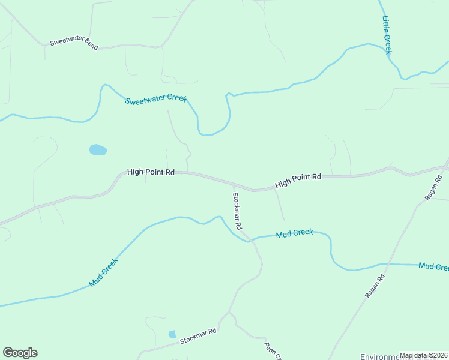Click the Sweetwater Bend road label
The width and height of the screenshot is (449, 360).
pos(74,43)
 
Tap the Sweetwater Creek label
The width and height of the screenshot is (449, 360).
pos(155,99)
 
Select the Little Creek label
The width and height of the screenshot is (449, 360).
pos(387,35)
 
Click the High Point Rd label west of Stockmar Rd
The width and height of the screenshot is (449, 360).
pos(151,172)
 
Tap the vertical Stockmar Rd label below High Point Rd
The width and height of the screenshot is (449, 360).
pos(237,211)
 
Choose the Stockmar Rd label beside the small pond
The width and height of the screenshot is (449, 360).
pos(197,337)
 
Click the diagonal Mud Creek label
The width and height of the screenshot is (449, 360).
pos(103,272)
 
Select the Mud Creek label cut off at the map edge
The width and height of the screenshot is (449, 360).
pos(433,266)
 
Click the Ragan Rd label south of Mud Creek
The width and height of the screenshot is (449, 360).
pos(373,287)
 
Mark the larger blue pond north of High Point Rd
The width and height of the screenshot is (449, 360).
pos(98,149)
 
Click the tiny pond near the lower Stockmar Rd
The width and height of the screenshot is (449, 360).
pos(172,334)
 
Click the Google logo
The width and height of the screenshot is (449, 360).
pos(20,353)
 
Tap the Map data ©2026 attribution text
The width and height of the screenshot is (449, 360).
pos(423,355)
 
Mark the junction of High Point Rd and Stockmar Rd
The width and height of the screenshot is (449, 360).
pos(234,185)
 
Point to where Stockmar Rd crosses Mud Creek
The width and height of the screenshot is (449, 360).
pos(247,240)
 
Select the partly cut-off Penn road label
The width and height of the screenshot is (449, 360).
pos(273,352)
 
